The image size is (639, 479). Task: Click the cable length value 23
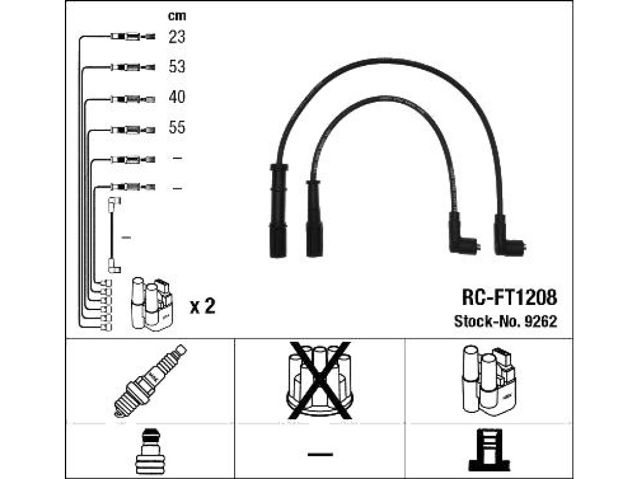coord(177,37)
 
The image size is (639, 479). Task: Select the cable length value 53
coord(177,67)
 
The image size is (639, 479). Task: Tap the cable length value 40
coord(177,97)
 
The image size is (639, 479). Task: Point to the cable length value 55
coord(177,127)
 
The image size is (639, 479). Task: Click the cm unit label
coord(177,16)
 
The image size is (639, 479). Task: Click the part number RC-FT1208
coord(509,298)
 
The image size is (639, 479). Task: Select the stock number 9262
coord(540,321)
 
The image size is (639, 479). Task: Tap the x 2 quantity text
coord(203,306)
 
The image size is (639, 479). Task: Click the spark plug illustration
coord(150,381)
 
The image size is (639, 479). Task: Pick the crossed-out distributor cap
coord(319,380)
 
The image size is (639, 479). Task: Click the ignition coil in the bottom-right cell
coord(489,380)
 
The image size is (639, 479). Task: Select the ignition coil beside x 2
coord(152,304)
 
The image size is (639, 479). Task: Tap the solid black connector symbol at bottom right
coord(489,450)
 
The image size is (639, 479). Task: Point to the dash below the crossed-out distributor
coord(320,454)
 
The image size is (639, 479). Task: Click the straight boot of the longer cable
coord(279,211)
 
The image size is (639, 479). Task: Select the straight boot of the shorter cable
coord(315,218)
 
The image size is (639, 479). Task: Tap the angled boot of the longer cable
coord(507,237)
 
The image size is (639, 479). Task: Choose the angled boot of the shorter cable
coord(462,235)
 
